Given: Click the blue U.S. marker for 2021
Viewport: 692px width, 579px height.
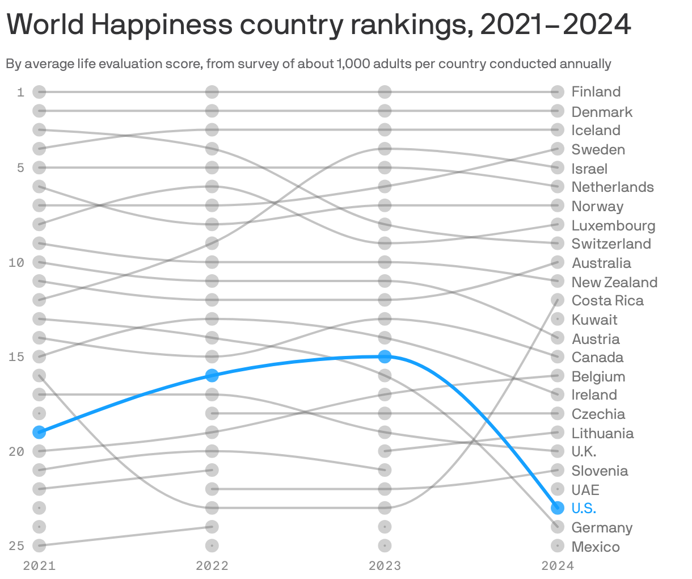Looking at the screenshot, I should [x=39, y=432].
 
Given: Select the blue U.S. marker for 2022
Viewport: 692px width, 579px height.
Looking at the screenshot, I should [x=212, y=375].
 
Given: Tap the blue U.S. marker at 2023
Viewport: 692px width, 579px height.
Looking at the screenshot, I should [x=385, y=356].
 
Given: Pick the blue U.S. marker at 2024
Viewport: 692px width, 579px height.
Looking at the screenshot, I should [x=558, y=507].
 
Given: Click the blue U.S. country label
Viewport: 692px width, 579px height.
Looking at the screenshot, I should [x=584, y=508].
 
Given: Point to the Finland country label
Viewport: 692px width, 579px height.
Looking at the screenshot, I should [x=596, y=92].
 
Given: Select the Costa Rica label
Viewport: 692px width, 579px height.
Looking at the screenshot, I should [x=607, y=300].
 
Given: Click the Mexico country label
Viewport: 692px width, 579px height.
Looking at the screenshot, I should [x=596, y=547].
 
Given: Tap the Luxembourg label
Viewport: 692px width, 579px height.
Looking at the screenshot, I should [x=613, y=225].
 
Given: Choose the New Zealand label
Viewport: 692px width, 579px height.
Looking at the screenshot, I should [x=614, y=282].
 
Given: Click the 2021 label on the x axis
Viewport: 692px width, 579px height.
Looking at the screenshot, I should [x=39, y=565].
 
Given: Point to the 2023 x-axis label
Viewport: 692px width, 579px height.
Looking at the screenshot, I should [x=385, y=565].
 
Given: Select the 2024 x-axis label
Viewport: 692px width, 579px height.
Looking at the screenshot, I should [x=558, y=565].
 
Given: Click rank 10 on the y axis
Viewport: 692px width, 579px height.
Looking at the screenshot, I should [x=16, y=262].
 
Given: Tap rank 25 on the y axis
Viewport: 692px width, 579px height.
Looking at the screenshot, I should [x=16, y=546].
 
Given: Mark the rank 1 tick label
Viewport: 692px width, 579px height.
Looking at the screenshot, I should [x=21, y=92].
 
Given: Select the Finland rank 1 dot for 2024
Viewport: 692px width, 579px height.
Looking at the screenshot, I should [x=558, y=92].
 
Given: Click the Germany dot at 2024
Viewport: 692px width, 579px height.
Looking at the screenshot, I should [x=558, y=527].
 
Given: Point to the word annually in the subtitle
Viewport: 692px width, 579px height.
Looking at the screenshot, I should [x=585, y=64].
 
